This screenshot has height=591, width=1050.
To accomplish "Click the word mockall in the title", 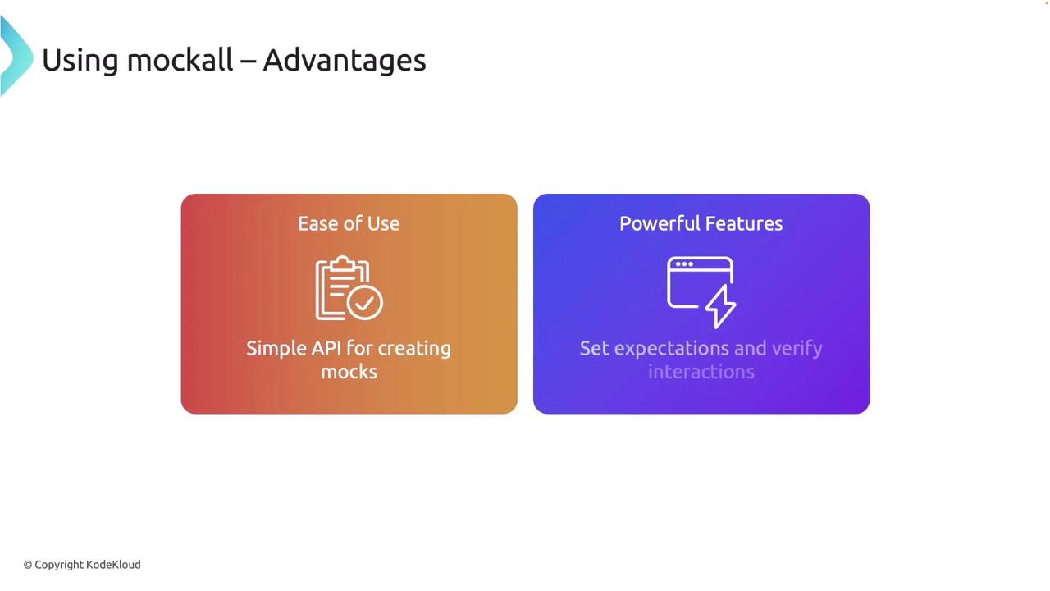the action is coord(180,60).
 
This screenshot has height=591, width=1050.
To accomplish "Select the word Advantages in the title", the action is coord(345,62).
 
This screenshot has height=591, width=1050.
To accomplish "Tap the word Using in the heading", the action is coord(80,62).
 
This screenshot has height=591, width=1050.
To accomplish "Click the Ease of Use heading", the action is coord(349,224).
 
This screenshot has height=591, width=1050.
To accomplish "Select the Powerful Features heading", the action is coord(701,224).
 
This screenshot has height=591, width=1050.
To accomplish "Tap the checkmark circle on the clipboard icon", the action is coord(365,303).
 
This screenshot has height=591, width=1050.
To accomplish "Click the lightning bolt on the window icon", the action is coord(720,307).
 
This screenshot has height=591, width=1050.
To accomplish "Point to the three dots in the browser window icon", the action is coord(684,264).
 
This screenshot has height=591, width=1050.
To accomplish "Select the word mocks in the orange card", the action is coord(349,372).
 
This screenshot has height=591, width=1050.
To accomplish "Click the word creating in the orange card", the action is coord(414,350).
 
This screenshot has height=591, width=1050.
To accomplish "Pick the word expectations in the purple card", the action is coord(671,350).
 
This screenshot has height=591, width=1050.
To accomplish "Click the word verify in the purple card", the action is coord(797,350).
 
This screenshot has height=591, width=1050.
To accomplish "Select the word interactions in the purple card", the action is coord(701,372).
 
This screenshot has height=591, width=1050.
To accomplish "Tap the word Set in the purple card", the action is coord(595,349).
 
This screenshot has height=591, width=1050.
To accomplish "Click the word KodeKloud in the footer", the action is coord(113,564).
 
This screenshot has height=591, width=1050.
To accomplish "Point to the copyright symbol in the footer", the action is coord(28,565).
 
